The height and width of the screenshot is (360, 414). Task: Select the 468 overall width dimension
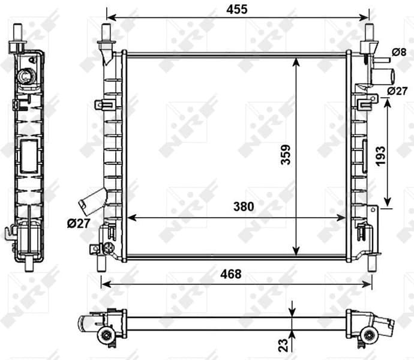pyautogui.click(x=230, y=274)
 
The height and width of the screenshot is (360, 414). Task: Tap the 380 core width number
pyautogui.click(x=243, y=206)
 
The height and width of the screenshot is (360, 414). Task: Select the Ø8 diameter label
pyautogui.click(x=400, y=52)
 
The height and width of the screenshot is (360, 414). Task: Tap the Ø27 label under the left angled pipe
pyautogui.click(x=79, y=224)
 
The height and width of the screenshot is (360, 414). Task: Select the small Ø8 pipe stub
pyautogui.click(x=379, y=60)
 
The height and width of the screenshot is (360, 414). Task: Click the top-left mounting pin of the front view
pyautogui.click(x=106, y=33)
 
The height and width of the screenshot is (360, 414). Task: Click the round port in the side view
pyautogui.click(x=26, y=76)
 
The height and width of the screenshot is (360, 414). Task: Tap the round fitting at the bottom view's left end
pyautogui.click(x=107, y=335)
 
